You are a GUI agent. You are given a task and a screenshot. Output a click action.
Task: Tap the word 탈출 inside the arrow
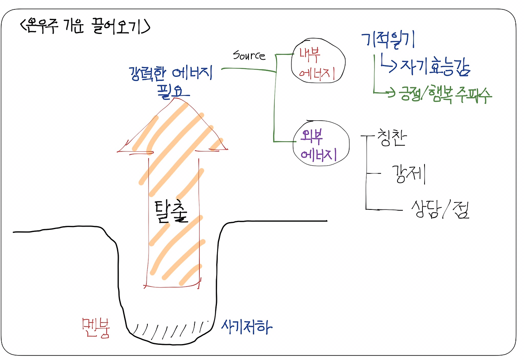pos(172,210)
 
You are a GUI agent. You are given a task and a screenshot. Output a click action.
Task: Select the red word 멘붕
pos(97,328)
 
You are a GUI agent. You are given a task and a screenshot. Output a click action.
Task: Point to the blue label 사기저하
pos(246,326)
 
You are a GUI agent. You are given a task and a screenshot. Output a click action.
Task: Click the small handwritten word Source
pos(249,55)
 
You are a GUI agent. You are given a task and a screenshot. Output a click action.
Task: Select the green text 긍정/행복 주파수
pos(444,95)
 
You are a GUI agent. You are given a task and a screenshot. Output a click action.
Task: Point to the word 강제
pos(409,175)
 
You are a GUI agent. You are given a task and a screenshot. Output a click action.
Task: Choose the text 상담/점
pos(440,209)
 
